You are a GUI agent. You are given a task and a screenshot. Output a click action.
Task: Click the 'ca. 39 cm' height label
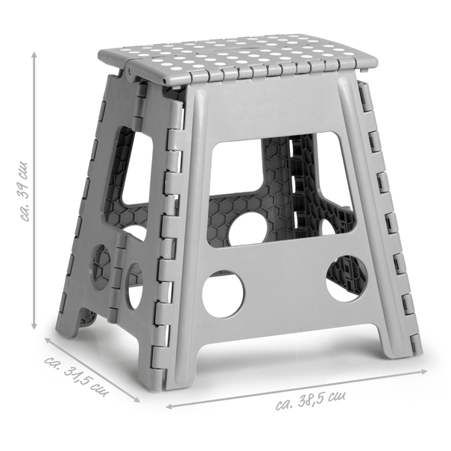point(24,192)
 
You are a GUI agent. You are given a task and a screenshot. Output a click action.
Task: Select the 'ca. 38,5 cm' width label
point(311,400)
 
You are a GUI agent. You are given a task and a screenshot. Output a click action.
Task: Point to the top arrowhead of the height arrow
point(34,54)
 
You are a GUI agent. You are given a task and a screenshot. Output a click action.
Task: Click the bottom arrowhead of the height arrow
point(34,326)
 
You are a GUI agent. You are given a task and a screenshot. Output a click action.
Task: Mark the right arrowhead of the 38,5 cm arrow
point(423,372)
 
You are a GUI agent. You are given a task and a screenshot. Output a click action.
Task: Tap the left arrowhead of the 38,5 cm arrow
point(170,406)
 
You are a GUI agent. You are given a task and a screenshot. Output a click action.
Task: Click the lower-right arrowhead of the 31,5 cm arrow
point(136,399)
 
